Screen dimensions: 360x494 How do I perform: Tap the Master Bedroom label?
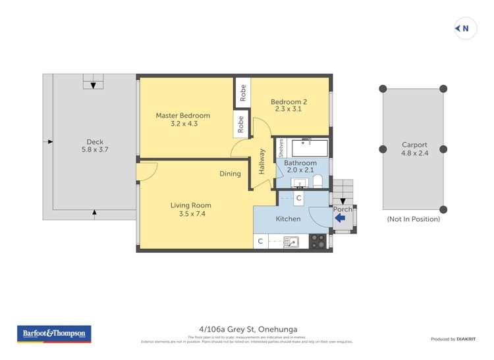tap(182, 116)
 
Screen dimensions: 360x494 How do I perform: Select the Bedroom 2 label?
tap(289, 102)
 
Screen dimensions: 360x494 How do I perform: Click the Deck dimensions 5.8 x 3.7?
tap(95, 150)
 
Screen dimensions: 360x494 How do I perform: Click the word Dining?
tap(230, 174)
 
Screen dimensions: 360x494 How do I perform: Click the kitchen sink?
tap(290, 242)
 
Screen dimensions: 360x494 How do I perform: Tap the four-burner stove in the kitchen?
tap(317, 242)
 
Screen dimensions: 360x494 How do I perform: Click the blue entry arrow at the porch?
tap(341, 219)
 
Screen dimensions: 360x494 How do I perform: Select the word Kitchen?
tap(288, 219)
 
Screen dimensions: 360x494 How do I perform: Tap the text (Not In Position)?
tap(413, 219)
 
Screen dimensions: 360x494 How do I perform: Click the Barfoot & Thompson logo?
tap(55, 334)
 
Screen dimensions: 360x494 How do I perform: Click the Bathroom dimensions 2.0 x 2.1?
tap(300, 170)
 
